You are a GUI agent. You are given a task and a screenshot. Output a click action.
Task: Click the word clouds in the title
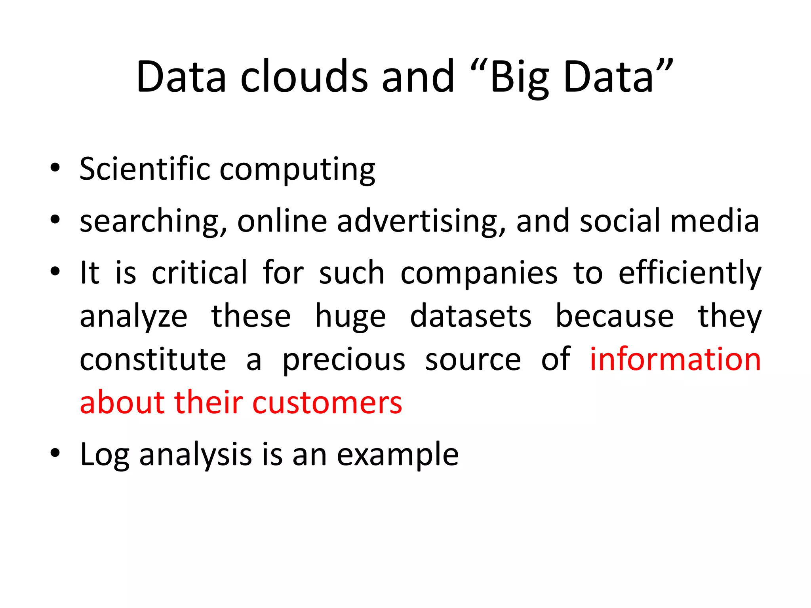pos(304,77)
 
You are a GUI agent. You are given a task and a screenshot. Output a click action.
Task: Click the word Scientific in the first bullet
pos(145,169)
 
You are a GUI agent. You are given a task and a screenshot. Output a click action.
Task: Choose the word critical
pos(200,273)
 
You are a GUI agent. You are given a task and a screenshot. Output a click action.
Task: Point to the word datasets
pos(470,317)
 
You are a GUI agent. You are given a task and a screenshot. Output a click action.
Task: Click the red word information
pos(675,359)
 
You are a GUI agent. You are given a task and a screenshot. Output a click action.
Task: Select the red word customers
pos(327,403)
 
